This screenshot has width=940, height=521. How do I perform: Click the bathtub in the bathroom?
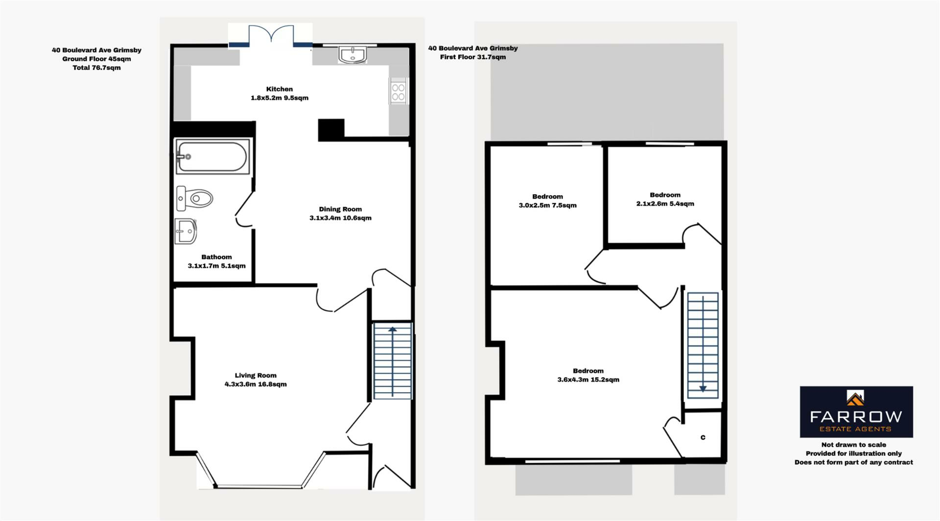tap(212, 156)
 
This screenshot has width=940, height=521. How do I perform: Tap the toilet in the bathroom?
tap(194, 198)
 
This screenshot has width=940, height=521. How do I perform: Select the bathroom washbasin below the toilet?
tap(186, 231)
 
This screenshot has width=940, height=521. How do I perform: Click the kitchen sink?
tap(352, 54)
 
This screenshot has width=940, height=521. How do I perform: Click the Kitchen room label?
tap(280, 94)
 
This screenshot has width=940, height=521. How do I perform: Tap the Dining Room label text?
tap(340, 214)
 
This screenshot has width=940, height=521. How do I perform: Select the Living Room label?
tap(256, 380)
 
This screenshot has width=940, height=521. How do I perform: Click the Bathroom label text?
tap(216, 261)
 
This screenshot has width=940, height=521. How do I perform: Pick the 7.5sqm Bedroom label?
tap(547, 201)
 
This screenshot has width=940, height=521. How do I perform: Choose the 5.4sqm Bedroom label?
tap(665, 199)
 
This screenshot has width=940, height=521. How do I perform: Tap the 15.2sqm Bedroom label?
tap(588, 375)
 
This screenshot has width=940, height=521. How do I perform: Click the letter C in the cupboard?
tap(703, 437)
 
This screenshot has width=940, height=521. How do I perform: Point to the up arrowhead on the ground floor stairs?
tap(392, 330)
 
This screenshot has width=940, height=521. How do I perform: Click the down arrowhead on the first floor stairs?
tap(703, 389)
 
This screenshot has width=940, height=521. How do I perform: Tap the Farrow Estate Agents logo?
tap(856, 412)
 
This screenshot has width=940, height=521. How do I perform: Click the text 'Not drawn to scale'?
tap(853, 445)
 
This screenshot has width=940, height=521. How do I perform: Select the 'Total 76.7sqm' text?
tap(96, 68)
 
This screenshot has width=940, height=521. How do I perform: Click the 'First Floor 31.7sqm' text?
tap(473, 57)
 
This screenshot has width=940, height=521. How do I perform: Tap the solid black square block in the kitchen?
tap(331, 129)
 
